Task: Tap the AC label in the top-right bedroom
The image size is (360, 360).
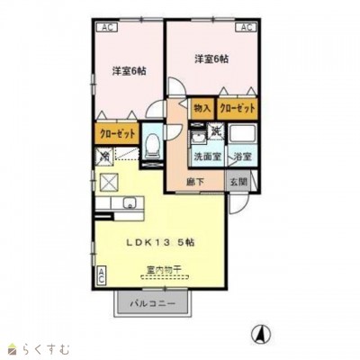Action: (244, 28)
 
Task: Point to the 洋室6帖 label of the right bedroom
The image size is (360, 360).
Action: (211, 59)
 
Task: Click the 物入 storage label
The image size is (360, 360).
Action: (202, 108)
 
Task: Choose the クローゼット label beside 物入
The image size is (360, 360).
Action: (238, 108)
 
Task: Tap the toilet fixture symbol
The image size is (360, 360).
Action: (153, 145)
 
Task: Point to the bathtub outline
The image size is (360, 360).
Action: (244, 135)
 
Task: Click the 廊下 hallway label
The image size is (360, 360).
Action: (195, 181)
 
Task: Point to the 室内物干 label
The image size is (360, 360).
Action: (163, 270)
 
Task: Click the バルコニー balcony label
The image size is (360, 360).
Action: (149, 303)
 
